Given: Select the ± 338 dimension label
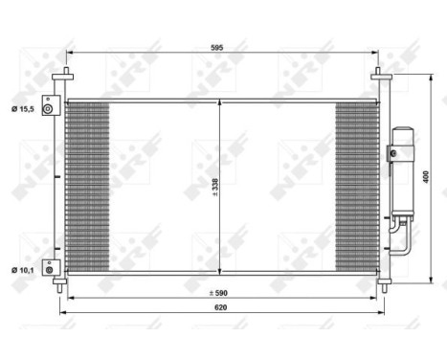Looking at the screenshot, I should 215,185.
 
